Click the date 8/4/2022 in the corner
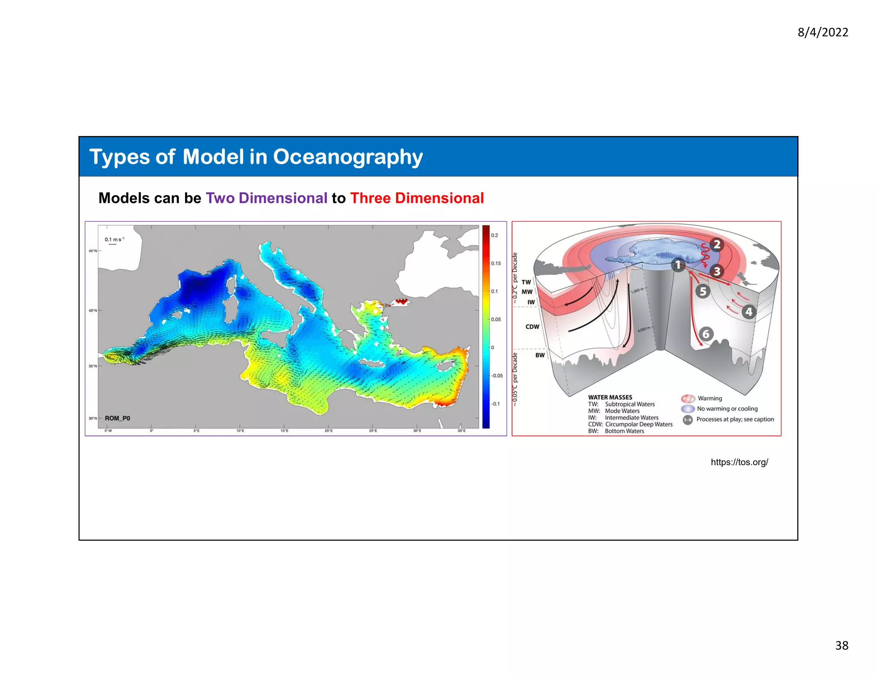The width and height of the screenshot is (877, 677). click(823, 33)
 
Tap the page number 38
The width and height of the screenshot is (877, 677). click(841, 645)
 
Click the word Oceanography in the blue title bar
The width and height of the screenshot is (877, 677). click(348, 157)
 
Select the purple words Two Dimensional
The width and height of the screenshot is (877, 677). click(266, 198)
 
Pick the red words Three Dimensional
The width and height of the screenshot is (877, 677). click(417, 198)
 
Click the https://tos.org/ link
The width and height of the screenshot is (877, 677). click(739, 462)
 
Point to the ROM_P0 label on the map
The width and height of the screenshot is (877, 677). click(117, 418)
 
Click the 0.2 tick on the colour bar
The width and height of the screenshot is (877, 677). click(495, 235)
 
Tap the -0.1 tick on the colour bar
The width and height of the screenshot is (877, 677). click(495, 404)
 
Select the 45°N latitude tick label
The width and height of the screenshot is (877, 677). click(92, 251)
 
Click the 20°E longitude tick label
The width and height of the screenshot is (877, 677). click(328, 431)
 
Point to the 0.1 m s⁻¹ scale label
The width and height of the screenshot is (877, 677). click(114, 240)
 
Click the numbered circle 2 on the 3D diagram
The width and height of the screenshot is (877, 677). click(716, 245)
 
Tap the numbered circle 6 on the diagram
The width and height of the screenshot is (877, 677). click(706, 334)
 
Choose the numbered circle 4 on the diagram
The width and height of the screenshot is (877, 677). click(749, 312)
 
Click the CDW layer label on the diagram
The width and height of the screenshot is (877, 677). click(532, 327)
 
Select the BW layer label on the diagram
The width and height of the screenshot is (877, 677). click(540, 355)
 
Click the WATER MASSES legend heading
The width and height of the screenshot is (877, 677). click(610, 397)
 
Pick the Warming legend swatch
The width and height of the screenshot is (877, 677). click(688, 398)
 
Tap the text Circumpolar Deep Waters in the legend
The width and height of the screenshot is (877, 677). click(638, 424)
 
